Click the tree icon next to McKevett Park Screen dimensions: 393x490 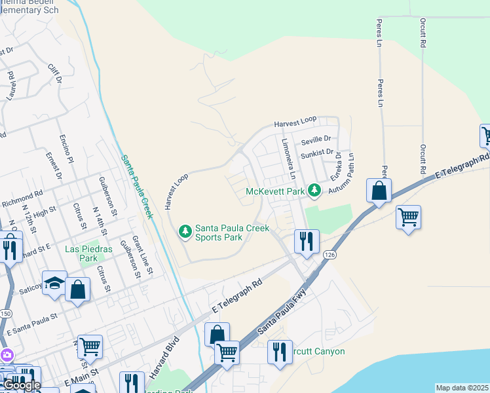click(314, 191)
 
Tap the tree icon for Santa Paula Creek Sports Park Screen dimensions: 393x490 click(185, 231)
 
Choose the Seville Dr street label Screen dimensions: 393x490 click(316, 140)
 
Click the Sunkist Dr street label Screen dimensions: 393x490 click(316, 155)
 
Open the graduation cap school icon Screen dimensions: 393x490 click(55, 283)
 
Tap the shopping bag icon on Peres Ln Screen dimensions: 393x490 click(379, 191)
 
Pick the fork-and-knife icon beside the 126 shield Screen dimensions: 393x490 click(307, 242)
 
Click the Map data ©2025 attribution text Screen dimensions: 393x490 click(462, 388)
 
